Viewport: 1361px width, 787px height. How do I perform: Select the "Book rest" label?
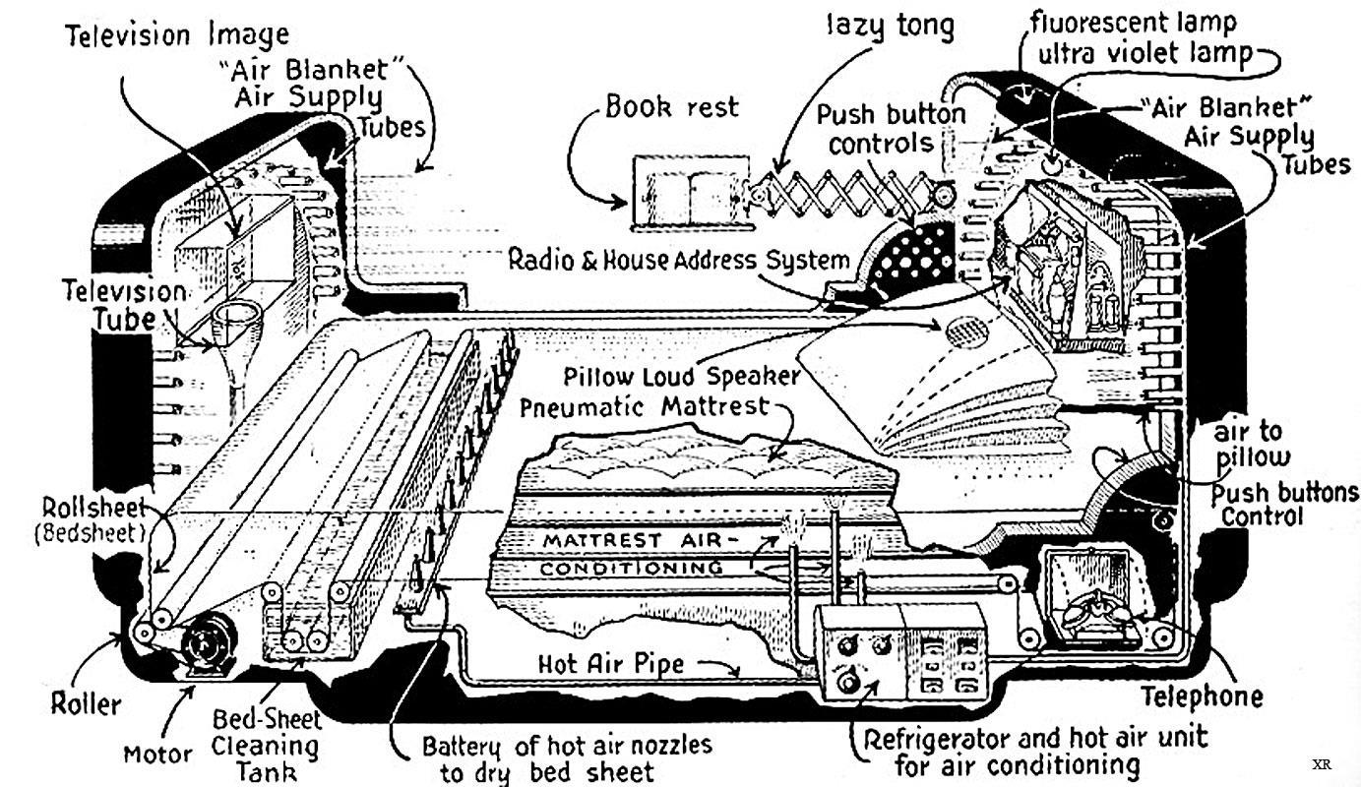pos(671,105)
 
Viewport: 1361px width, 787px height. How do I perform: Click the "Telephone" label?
pos(1201,696)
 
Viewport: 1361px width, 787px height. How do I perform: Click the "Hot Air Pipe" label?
pos(611,664)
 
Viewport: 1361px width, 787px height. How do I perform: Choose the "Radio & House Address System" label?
pos(678,261)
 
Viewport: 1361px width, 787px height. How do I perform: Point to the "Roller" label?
pos(87,703)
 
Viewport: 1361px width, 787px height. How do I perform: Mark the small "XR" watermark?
pos(1320,764)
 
